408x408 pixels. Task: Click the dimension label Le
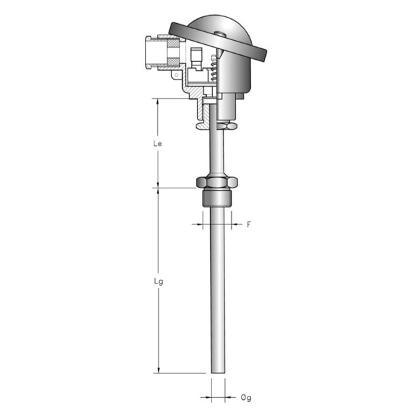158,143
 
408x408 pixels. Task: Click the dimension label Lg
158,282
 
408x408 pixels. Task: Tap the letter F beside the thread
249,224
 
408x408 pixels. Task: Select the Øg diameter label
246,397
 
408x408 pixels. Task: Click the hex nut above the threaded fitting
217,182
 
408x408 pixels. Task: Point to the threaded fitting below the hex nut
217,198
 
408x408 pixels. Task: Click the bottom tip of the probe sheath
218,373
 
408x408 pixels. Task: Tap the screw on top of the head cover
220,33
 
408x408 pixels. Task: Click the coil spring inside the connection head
213,68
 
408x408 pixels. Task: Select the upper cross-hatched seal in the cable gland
173,44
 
